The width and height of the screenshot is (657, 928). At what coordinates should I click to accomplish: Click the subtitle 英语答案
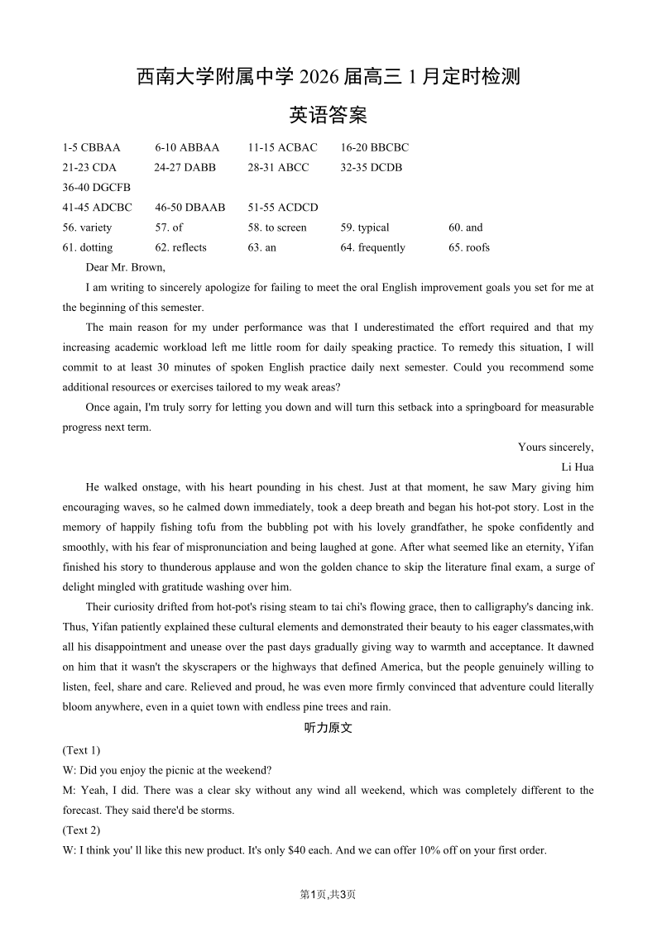click(328, 115)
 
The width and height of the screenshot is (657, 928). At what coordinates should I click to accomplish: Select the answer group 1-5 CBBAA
click(91, 148)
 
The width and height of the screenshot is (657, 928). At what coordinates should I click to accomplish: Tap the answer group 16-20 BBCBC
click(374, 148)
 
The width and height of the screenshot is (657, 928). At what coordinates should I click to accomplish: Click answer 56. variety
click(87, 227)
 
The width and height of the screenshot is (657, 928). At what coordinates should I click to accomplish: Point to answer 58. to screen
click(276, 227)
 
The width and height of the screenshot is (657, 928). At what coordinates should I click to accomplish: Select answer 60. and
click(465, 227)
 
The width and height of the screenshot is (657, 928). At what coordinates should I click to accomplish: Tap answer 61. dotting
click(87, 247)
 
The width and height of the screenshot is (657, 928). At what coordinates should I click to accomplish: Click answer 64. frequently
click(372, 247)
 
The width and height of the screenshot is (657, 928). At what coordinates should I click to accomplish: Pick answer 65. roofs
click(469, 247)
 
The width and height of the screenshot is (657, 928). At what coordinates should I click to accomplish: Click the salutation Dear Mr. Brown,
click(125, 267)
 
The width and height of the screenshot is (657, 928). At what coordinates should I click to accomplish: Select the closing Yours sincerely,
click(555, 447)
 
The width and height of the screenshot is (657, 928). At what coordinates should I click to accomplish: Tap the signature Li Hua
click(578, 467)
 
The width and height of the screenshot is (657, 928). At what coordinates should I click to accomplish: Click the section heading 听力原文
click(328, 729)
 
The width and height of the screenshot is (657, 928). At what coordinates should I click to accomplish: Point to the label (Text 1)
click(81, 750)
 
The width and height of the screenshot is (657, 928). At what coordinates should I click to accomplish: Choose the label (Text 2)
click(81, 830)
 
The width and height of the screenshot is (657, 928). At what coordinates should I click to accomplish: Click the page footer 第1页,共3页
click(328, 894)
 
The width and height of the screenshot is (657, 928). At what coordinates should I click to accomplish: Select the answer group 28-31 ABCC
click(278, 168)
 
